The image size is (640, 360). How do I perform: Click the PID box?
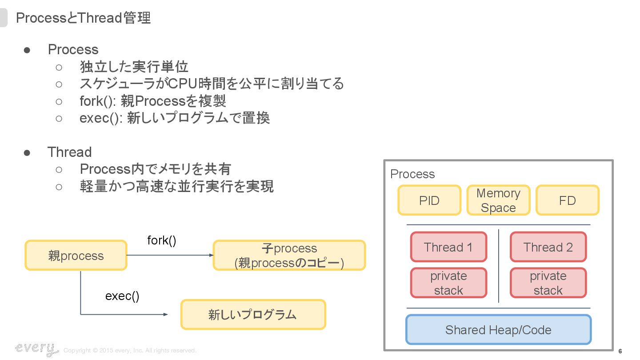pos(429,200)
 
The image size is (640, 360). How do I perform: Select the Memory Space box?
pos(498,200)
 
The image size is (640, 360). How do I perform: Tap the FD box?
pos(567,200)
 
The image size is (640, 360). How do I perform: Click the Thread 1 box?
pos(448,247)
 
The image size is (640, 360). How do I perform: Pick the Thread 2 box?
pos(548,247)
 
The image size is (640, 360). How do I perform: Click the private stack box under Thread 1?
pos(448,283)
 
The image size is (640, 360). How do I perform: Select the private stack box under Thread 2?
pos(548,283)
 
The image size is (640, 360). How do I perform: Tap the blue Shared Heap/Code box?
pos(498,330)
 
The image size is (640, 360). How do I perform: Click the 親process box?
pos(76,256)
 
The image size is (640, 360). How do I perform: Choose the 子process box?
pos(289,256)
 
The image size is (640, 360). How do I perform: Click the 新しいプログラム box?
pos(253,315)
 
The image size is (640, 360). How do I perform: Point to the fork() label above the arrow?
pos(162,240)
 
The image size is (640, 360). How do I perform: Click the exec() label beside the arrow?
pos(122,296)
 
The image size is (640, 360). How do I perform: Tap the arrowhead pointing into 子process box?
pos(212,256)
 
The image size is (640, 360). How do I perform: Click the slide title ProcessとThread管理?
pos(84,18)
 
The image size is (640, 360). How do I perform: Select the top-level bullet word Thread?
pos(70,152)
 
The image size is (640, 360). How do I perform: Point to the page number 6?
pos(620,351)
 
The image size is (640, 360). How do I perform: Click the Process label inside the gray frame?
pos(412,174)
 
